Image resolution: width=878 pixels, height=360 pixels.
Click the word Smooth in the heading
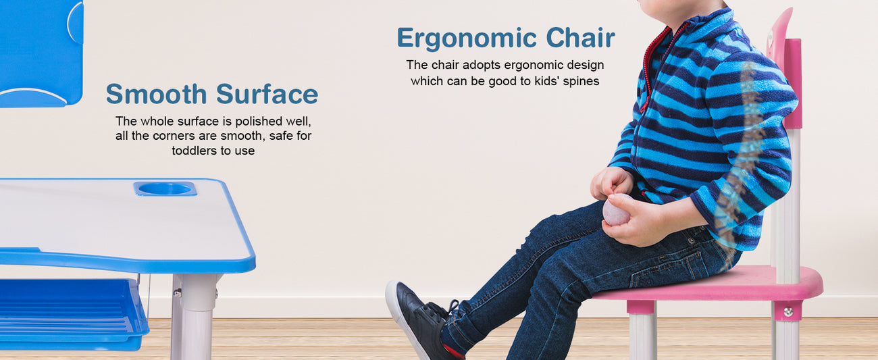(156, 94)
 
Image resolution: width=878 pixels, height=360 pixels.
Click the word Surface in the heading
(267, 94)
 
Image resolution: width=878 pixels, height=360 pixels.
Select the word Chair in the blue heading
(581, 38)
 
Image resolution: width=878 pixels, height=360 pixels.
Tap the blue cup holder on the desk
(165, 188)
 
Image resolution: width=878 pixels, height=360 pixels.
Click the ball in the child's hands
(616, 210)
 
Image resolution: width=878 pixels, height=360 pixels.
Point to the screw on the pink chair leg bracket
(788, 312)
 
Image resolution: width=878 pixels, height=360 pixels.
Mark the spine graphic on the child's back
(741, 157)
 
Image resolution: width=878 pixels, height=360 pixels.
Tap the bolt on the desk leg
(178, 293)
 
